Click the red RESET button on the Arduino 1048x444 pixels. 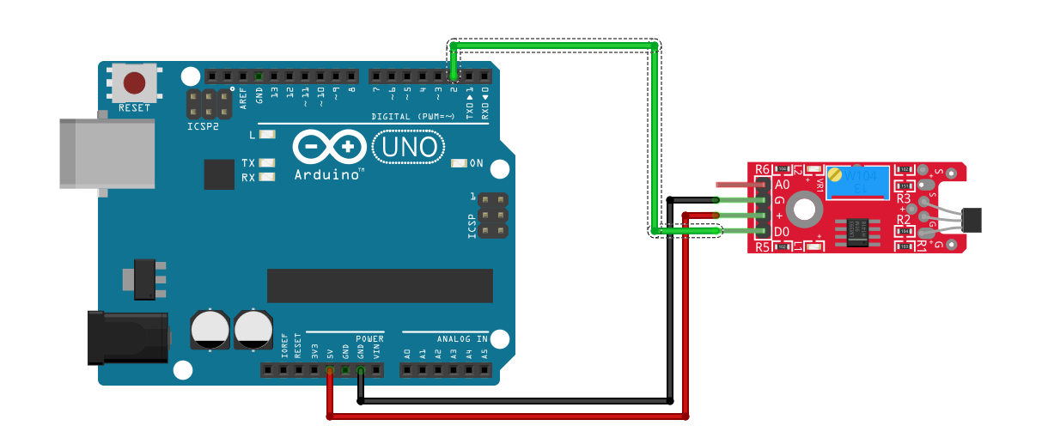(134, 83)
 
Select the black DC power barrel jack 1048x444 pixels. (128, 338)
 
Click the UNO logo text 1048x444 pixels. (409, 148)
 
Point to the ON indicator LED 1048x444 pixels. (458, 163)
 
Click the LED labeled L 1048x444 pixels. (266, 135)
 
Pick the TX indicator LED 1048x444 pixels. (266, 162)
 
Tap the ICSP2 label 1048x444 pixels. (204, 126)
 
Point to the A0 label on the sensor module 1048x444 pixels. (782, 185)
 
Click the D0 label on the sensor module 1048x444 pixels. (782, 232)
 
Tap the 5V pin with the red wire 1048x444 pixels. (330, 371)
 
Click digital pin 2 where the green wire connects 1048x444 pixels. (453, 76)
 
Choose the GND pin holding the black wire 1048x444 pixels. (361, 371)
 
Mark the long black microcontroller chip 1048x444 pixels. (380, 286)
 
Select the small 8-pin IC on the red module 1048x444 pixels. (856, 230)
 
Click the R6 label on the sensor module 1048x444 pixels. (763, 170)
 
